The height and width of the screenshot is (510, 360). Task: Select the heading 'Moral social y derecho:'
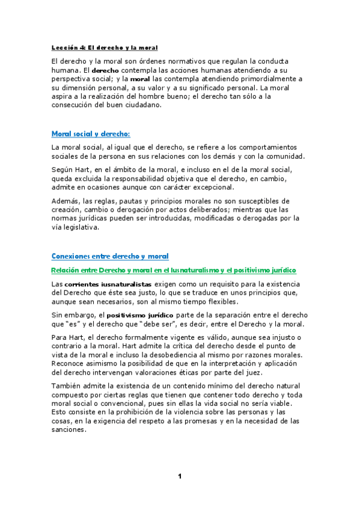click(91, 134)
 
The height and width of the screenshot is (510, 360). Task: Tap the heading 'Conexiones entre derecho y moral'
click(110, 256)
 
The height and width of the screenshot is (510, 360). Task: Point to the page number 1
click(179, 477)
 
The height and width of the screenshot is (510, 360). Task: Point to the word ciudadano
click(144, 105)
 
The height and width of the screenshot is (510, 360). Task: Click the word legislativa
click(84, 228)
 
